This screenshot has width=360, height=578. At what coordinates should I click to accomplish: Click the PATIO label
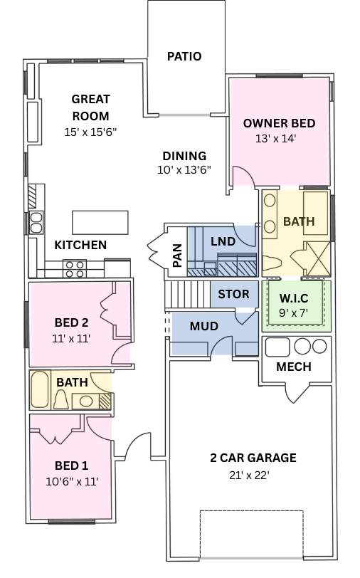pyautogui.click(x=184, y=56)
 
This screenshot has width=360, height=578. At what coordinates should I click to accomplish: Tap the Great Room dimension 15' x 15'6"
pyautogui.click(x=90, y=132)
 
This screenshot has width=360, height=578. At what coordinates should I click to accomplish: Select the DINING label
pyautogui.click(x=184, y=156)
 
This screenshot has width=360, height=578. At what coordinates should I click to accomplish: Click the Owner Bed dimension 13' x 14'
pyautogui.click(x=280, y=139)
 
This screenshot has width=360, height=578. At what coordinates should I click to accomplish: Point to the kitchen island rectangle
pyautogui.click(x=100, y=222)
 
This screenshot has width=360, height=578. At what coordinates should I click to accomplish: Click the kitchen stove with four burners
pyautogui.click(x=75, y=268)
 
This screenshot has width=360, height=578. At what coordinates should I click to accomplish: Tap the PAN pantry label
pyautogui.click(x=177, y=256)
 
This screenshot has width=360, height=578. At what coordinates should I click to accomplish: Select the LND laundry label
pyautogui.click(x=223, y=241)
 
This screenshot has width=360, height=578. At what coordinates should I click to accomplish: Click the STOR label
pyautogui.click(x=233, y=294)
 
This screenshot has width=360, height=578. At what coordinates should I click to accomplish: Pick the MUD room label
pyautogui.click(x=203, y=327)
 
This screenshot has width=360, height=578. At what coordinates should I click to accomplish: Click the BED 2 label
pyautogui.click(x=72, y=321)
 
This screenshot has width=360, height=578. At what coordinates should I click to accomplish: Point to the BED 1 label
pyautogui.click(x=72, y=466)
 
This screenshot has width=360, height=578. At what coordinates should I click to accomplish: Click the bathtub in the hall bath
pyautogui.click(x=40, y=390)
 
